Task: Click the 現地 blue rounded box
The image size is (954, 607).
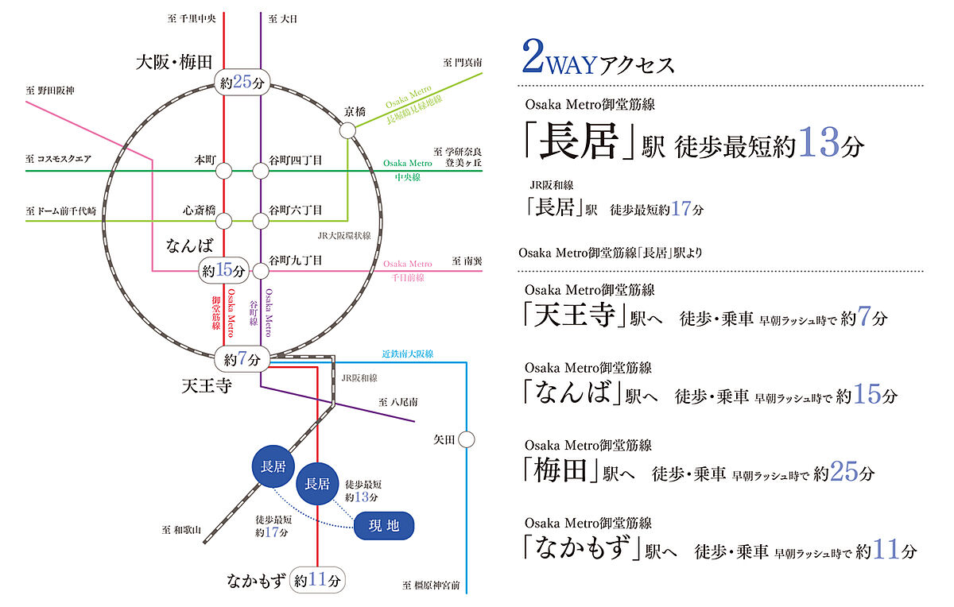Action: click(x=384, y=526)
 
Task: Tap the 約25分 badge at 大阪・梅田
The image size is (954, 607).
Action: click(x=242, y=82)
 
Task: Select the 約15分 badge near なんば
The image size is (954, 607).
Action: click(x=223, y=270)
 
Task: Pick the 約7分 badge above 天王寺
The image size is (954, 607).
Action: click(x=242, y=359)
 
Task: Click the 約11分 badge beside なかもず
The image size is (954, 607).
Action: click(x=317, y=580)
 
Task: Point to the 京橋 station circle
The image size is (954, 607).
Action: click(x=347, y=130)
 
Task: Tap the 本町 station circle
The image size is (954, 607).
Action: click(x=223, y=171)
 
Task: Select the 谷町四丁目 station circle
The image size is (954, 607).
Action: click(x=261, y=171)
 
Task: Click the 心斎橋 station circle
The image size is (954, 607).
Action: click(x=223, y=221)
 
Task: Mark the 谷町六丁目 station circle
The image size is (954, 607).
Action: click(x=261, y=221)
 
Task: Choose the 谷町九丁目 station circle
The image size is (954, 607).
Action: click(x=261, y=271)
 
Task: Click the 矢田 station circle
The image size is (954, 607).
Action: click(x=467, y=439)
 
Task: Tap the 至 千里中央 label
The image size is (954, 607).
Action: click(x=192, y=19)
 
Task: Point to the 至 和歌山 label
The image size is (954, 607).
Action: click(x=181, y=530)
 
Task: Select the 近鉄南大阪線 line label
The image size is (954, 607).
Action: click(x=408, y=354)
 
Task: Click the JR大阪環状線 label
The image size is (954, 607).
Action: click(x=344, y=235)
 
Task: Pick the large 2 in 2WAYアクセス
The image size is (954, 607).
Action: click(x=533, y=56)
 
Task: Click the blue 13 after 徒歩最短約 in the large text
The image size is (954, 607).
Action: click(x=819, y=141)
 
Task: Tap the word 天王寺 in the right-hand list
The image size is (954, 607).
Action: click(x=575, y=315)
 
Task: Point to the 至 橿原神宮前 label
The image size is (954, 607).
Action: click(x=431, y=586)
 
